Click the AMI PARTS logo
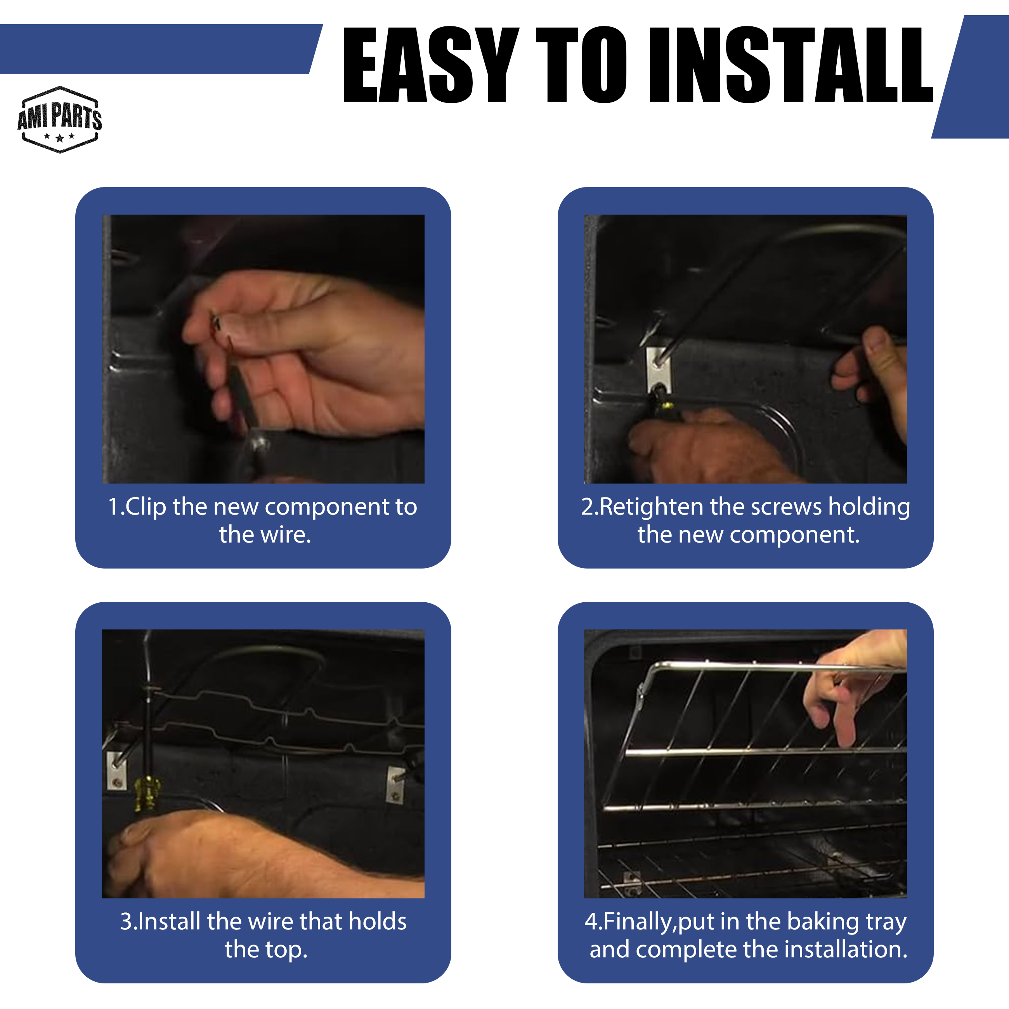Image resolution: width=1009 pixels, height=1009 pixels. [59, 120]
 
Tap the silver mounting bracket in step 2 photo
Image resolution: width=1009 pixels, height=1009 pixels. [658, 370]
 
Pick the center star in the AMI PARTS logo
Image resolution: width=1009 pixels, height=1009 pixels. [59, 139]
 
